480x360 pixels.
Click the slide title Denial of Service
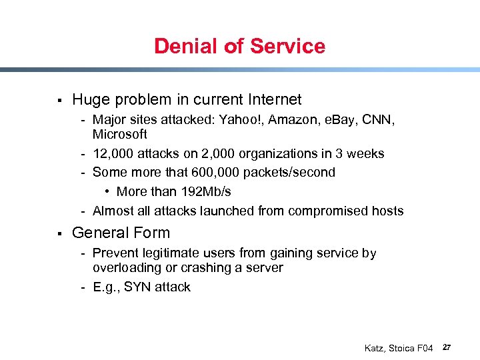(239, 46)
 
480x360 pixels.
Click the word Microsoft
(120, 134)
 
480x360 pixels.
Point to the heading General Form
(121, 233)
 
